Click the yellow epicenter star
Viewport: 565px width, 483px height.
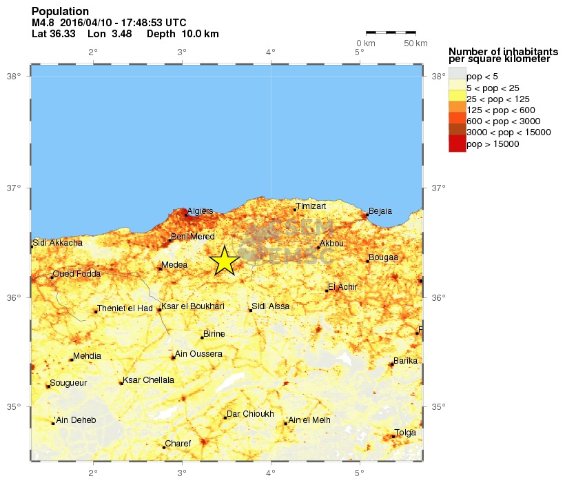coord(225,262)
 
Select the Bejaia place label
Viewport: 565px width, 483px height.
coord(381,210)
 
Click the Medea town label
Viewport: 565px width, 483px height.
coord(174,265)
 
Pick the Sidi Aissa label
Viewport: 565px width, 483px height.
coord(271,306)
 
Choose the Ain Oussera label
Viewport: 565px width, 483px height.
coord(199,354)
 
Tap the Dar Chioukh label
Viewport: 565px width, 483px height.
coord(251,414)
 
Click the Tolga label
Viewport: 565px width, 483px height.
coord(406,433)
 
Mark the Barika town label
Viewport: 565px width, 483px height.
coord(405,361)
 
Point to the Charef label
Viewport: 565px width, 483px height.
coord(178,444)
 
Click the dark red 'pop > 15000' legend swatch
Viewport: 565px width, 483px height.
coord(457,144)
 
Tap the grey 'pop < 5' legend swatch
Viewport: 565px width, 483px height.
coord(457,75)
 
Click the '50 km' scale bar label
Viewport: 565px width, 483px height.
coord(415,43)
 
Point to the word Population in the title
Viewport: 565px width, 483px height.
coord(60,12)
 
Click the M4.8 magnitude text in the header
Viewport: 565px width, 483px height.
coord(43,23)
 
